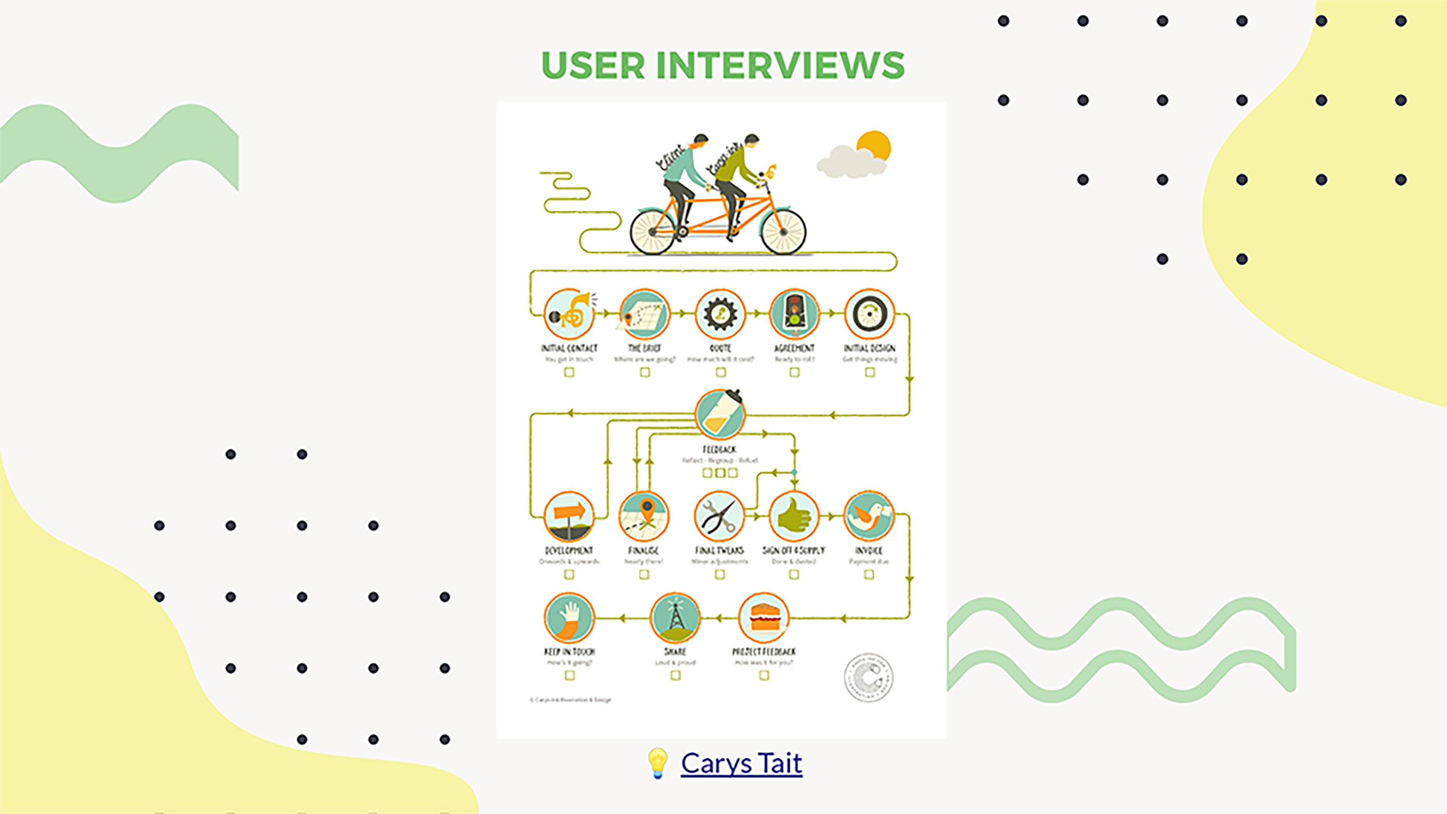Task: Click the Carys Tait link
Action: click(x=741, y=763)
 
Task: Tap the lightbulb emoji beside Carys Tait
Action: click(x=658, y=763)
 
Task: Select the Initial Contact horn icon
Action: click(x=569, y=314)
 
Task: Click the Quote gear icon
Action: click(x=720, y=314)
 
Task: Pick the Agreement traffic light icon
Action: click(x=794, y=314)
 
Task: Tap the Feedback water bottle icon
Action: click(x=720, y=415)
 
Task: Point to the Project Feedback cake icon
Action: click(x=764, y=617)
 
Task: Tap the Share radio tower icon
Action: click(x=675, y=617)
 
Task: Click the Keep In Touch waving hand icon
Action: click(x=569, y=617)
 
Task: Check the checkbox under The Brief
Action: click(x=645, y=372)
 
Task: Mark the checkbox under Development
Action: click(x=569, y=575)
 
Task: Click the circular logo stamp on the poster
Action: click(x=868, y=678)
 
